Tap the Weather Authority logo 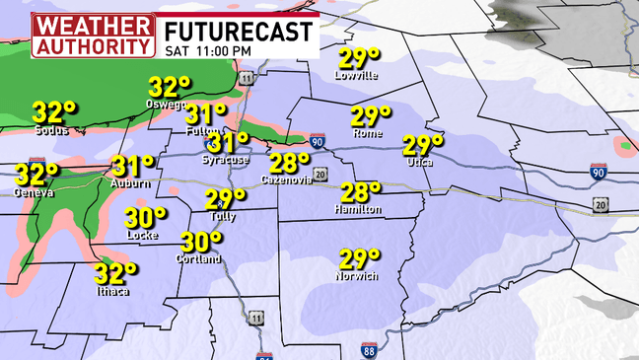coord(94,35)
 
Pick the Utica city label coord(419,162)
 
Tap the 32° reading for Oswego coord(169,88)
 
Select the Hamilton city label coord(358,209)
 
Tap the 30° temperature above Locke coord(145,217)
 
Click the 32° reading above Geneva coord(36,176)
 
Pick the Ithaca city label coord(111,289)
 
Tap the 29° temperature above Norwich coord(360,259)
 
